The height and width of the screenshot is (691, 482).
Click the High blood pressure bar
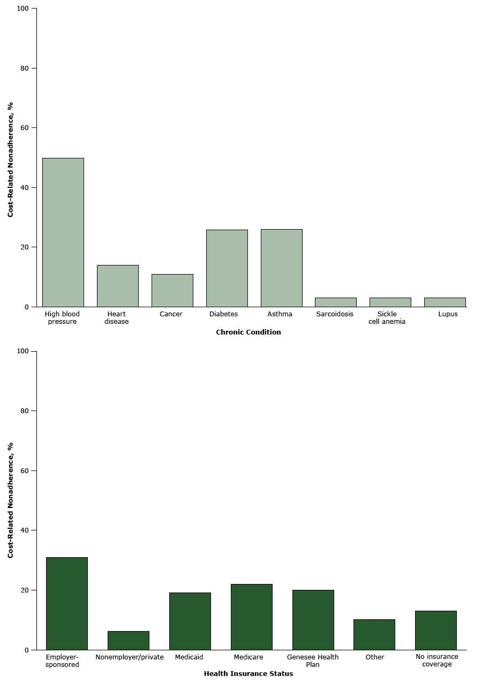pos(63,232)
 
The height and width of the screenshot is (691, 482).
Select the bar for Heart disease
pos(118,286)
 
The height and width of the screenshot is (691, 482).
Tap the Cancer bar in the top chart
pos(172,291)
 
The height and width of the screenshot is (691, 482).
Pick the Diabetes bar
pos(227,268)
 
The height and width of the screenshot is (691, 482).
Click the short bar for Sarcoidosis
pos(336,302)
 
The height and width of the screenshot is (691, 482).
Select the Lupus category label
pos(448,314)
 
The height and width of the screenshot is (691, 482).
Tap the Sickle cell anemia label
pos(387,318)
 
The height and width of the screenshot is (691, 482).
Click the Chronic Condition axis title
pos(248,332)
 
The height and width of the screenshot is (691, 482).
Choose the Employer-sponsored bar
pos(67,604)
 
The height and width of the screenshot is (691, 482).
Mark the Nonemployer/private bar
pos(129,641)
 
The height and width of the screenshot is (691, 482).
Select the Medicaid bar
pos(190,621)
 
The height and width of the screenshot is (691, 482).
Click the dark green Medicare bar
pos(252,617)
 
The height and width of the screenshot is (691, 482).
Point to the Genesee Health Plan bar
pos(313,620)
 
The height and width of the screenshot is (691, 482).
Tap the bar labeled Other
pos(374,635)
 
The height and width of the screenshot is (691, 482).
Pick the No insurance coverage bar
pos(436,631)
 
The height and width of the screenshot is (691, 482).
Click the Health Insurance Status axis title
pos(248,674)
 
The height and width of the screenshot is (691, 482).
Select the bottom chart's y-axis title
pos(10,500)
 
